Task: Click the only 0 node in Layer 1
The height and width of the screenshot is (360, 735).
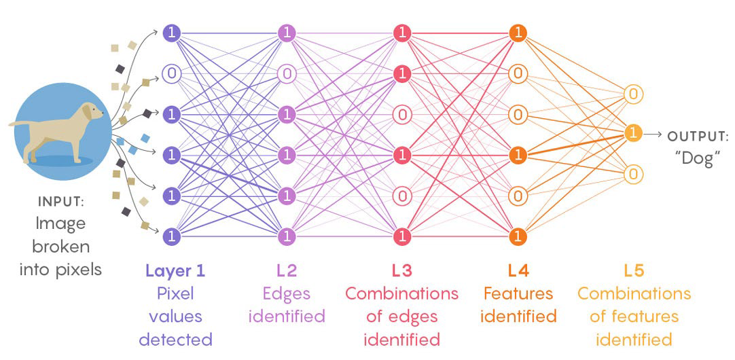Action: pyautogui.click(x=172, y=73)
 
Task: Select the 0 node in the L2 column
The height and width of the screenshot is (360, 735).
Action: pyautogui.click(x=287, y=73)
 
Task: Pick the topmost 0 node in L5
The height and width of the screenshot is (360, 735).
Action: pyautogui.click(x=633, y=94)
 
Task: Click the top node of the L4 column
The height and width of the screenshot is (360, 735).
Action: pyautogui.click(x=518, y=32)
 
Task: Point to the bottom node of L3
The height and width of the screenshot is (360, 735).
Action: pyautogui.click(x=402, y=236)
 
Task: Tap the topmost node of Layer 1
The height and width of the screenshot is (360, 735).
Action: pyautogui.click(x=172, y=32)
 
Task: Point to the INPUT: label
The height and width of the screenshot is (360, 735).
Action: pyautogui.click(x=61, y=202)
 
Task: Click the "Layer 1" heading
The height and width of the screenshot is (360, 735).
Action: pyautogui.click(x=175, y=270)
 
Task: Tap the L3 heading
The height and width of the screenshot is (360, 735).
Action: pyautogui.click(x=401, y=270)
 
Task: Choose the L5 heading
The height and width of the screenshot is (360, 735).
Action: pyautogui.click(x=634, y=270)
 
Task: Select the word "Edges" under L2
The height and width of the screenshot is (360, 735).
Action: pyautogui.click(x=287, y=293)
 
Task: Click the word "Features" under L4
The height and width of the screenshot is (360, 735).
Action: pyautogui.click(x=520, y=293)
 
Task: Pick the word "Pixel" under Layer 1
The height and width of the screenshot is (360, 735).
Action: pyautogui.click(x=175, y=293)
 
